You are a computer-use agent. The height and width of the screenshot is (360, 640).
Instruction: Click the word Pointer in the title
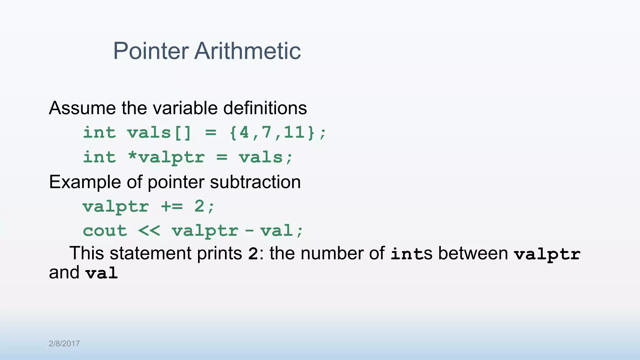click(151, 51)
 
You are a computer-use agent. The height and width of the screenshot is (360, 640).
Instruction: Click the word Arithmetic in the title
click(247, 51)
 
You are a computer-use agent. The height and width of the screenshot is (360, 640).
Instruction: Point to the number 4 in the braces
click(244, 132)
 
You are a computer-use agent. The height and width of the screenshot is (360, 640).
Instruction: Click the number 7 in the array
click(267, 132)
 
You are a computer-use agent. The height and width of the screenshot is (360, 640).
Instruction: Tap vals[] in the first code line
click(159, 133)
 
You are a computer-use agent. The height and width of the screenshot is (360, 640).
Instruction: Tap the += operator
click(172, 206)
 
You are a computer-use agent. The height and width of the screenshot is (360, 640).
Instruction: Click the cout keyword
click(105, 231)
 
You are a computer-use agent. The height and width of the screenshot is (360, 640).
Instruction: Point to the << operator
click(149, 231)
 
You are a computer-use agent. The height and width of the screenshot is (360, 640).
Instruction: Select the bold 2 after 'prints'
click(253, 254)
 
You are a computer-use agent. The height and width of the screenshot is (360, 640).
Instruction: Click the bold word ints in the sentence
click(408, 254)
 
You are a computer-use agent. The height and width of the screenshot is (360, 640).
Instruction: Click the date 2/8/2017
click(64, 344)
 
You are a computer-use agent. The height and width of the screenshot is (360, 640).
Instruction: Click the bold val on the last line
click(102, 273)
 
